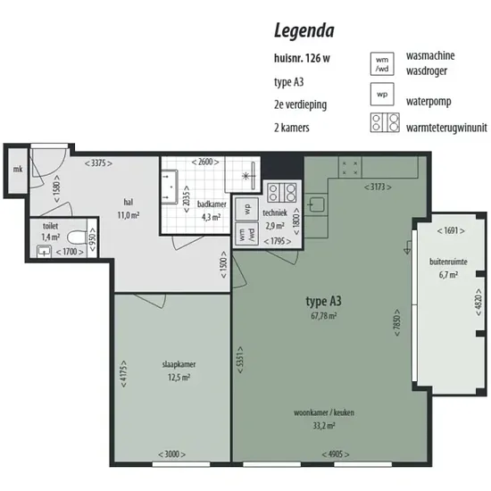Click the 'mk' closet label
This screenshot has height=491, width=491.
point(18,170)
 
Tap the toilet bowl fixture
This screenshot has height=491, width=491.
point(77,238)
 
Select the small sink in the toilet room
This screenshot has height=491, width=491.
point(44,252)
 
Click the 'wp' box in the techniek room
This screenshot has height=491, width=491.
point(246,209)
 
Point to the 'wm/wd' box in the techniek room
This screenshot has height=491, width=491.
point(246,234)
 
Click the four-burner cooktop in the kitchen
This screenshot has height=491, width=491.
point(350,168)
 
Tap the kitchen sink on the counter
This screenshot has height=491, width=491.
point(316,204)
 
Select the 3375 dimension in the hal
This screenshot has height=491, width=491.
point(98,163)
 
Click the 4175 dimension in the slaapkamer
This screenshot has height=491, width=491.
point(124,373)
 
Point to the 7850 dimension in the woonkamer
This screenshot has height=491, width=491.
point(396,323)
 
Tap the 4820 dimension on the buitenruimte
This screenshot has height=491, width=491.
point(479,302)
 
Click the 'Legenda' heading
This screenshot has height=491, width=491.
point(304,31)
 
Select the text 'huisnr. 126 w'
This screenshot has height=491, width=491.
point(302,58)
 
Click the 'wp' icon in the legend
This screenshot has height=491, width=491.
point(382,95)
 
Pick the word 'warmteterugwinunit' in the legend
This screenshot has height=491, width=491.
point(446,128)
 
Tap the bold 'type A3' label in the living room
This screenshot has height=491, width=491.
point(323,301)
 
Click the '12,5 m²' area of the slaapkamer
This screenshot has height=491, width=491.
point(179,378)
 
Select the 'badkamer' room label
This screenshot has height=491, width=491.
point(212,204)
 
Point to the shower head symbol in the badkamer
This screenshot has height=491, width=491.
point(246,176)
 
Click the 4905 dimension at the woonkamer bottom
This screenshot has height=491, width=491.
point(336,454)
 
